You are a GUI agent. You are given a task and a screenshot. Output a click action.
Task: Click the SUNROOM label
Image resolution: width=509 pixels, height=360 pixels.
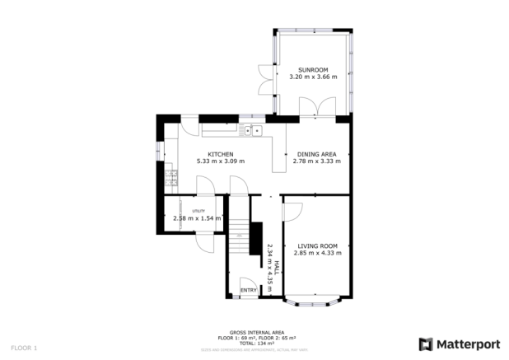pyautogui.click(x=313, y=69)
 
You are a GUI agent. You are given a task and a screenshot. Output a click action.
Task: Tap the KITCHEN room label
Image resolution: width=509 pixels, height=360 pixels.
pyautogui.click(x=220, y=154)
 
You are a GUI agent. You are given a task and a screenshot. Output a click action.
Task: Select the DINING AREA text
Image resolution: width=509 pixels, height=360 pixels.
pyautogui.click(x=316, y=154)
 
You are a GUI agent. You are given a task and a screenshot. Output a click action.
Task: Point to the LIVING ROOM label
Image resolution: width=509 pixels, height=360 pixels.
pyautogui.click(x=317, y=245)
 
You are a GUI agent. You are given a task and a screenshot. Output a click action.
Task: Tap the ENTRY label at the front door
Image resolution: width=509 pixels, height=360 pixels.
pyautogui.click(x=247, y=291)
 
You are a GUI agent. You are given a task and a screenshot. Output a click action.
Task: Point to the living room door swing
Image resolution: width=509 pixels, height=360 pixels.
pyautogui.click(x=292, y=213)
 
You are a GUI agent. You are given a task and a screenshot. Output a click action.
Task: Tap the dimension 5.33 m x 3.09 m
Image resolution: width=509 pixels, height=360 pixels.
pyautogui.click(x=220, y=161)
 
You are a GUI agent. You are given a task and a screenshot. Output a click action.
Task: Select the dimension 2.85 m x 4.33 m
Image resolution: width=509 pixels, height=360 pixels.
pyautogui.click(x=317, y=253)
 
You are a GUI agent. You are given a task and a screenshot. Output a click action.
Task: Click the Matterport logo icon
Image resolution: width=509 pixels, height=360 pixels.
pyautogui.click(x=426, y=344)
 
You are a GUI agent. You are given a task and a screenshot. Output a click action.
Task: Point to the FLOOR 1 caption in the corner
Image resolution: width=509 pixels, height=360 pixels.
pyautogui.click(x=24, y=348)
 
